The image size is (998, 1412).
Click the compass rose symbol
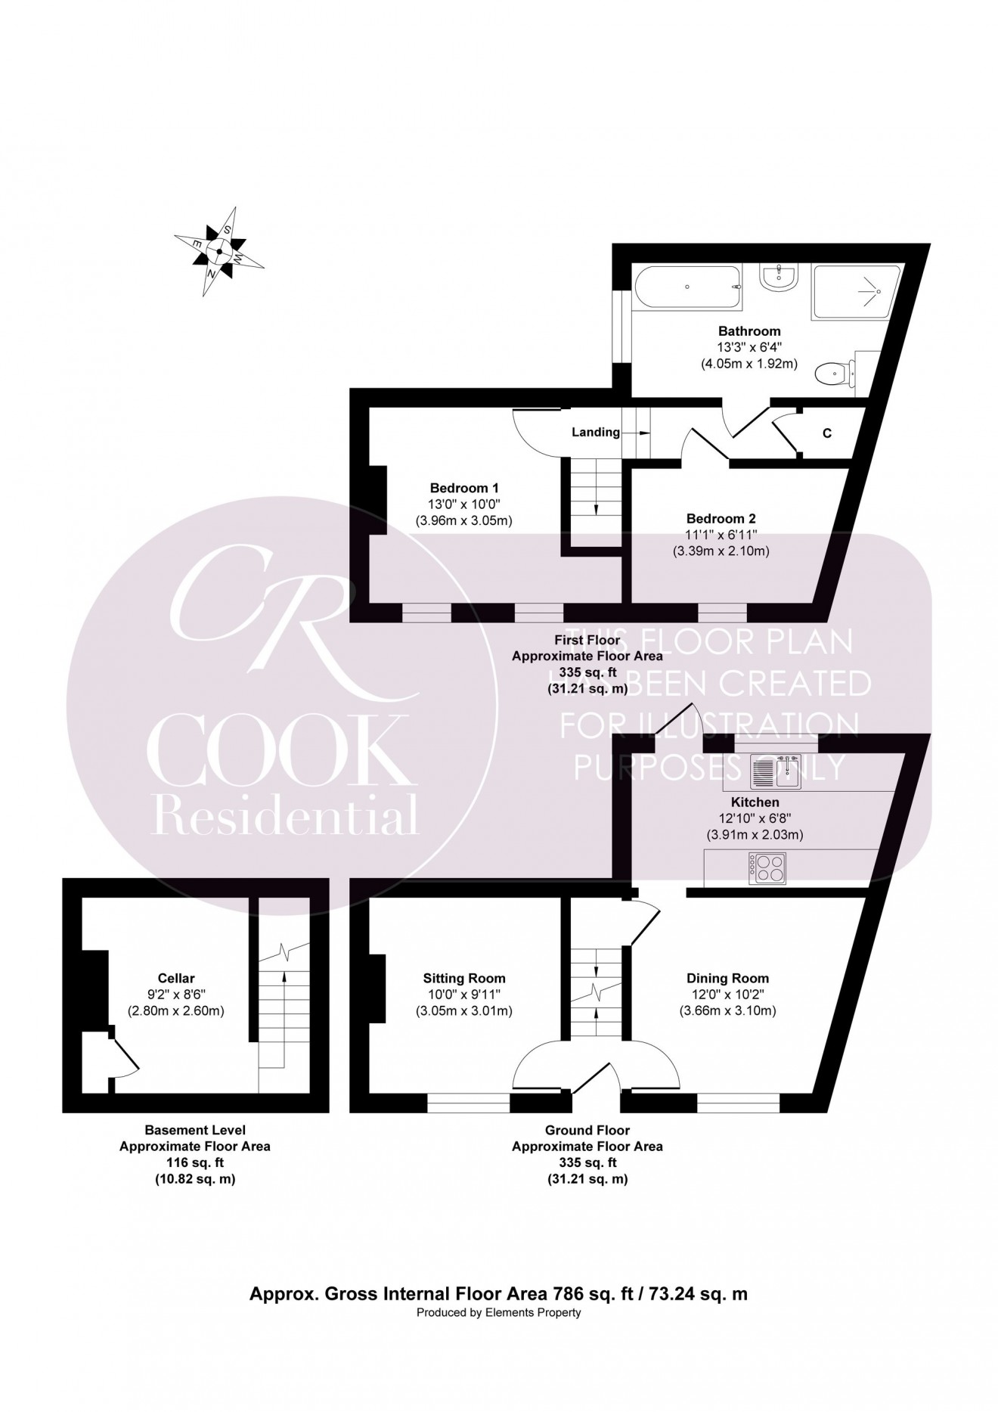(x=220, y=251)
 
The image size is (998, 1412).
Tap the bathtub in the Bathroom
(x=687, y=287)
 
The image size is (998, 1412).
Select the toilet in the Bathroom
(x=835, y=372)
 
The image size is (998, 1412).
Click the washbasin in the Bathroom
(x=778, y=278)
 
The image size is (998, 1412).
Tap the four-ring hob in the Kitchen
(x=768, y=867)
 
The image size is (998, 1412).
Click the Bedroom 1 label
(x=464, y=488)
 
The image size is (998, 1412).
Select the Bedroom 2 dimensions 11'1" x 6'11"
(x=721, y=535)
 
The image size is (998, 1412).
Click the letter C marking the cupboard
(x=827, y=433)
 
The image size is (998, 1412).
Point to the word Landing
(x=595, y=433)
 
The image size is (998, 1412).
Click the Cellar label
(x=176, y=978)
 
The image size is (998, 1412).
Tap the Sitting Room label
(x=464, y=978)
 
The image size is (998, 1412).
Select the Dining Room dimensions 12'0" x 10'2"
(x=727, y=995)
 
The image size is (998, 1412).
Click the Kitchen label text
(x=755, y=802)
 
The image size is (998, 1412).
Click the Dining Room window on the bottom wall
(x=738, y=1106)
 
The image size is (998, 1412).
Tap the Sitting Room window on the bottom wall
(x=469, y=1106)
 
